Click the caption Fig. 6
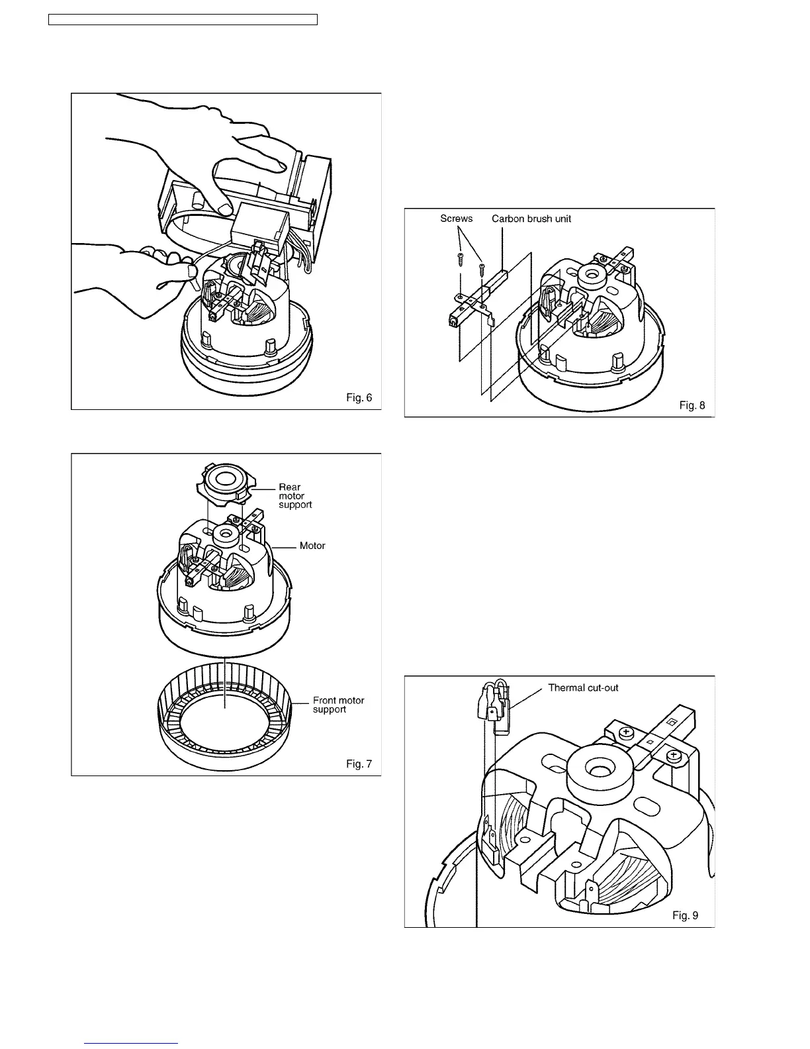(359, 397)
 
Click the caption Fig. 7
(359, 764)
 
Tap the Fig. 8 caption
(693, 405)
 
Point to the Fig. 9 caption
(685, 915)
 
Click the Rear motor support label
(294, 496)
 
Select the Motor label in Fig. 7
(312, 546)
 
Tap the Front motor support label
(338, 705)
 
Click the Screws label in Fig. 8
(457, 219)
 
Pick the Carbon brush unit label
(531, 219)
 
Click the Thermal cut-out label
(583, 687)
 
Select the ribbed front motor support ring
(225, 728)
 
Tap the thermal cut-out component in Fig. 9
(500, 712)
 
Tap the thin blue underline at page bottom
(132, 1043)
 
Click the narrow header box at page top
(183, 19)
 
